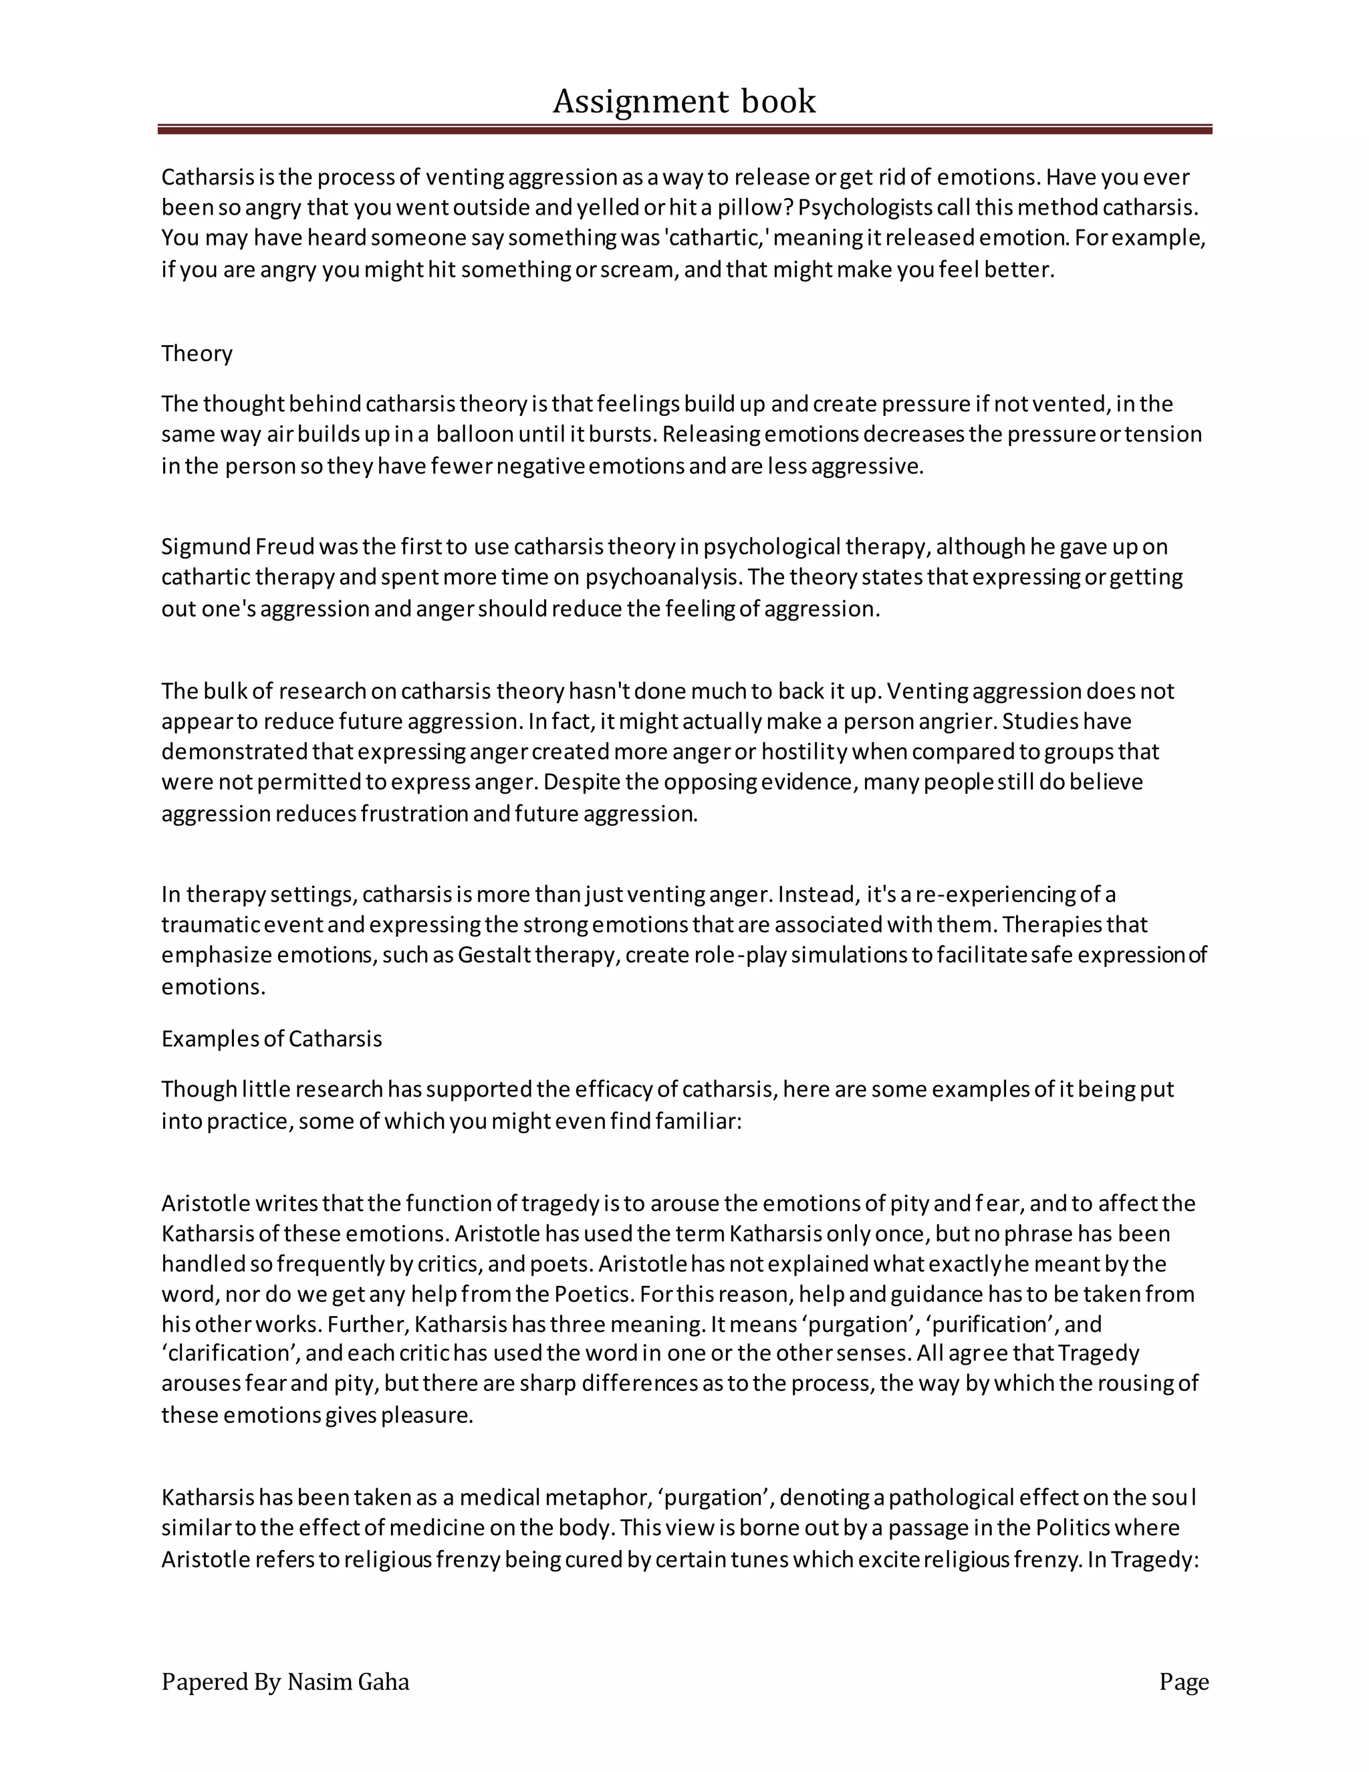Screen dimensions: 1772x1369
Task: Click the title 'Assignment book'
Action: tap(684, 102)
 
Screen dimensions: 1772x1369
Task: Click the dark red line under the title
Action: tap(684, 129)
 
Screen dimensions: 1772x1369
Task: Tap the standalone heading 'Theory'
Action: tap(197, 354)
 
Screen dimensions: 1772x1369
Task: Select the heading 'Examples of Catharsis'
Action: tap(271, 1038)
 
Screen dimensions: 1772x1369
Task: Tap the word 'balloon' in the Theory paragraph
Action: tap(475, 434)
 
